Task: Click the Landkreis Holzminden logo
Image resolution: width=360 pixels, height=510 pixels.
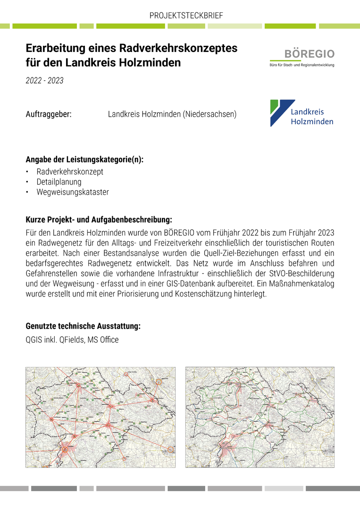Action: [301, 113]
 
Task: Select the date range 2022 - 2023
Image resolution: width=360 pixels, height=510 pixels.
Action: [44, 81]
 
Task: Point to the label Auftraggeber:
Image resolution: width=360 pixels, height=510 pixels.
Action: [48, 114]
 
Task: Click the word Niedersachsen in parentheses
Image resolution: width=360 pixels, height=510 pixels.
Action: [209, 114]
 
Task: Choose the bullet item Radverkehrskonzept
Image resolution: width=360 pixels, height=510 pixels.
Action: [70, 171]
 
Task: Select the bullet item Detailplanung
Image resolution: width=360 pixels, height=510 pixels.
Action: [59, 182]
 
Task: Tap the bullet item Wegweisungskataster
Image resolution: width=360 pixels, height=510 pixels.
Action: [73, 192]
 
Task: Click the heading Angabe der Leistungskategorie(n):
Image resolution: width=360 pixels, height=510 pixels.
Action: [84, 160]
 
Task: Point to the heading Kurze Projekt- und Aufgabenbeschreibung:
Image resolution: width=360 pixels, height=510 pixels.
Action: [99, 220]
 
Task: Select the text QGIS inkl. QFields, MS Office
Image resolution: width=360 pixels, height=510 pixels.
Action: [72, 340]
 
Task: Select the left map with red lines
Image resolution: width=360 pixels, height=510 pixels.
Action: [100, 417]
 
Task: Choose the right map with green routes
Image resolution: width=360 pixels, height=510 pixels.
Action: [260, 417]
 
